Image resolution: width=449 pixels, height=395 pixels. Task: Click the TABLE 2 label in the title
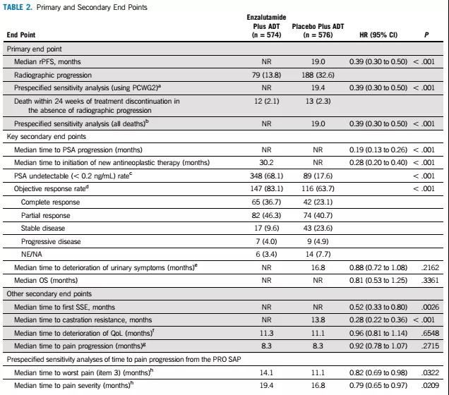(20, 6)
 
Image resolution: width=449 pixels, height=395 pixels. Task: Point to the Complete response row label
(52, 202)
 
